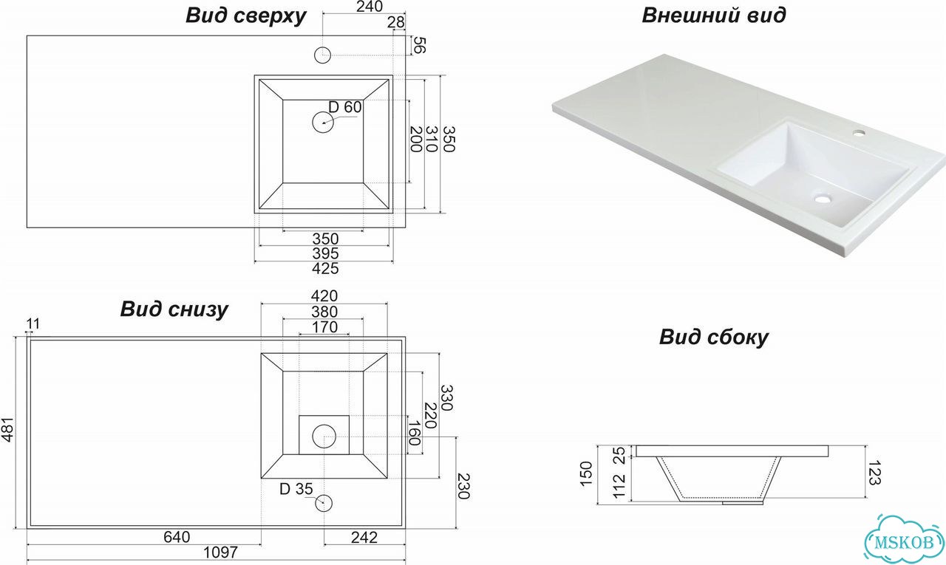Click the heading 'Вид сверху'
coord(246,16)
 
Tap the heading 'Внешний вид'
coord(714,16)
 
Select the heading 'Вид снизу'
coord(174,309)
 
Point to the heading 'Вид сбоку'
coord(714,337)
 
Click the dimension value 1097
coord(220,552)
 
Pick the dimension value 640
coord(177,537)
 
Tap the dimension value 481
coord(8,430)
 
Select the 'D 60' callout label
coord(345,107)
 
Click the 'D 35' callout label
coord(296,489)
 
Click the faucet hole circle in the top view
coord(323,55)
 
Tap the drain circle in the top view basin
coord(323,123)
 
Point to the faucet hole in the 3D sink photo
coord(859,134)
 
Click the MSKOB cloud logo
coord(904,541)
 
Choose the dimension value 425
coord(325,268)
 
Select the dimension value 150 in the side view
coord(587,474)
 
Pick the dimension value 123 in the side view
coord(873,473)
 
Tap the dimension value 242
coord(364,538)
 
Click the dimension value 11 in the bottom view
coord(33,324)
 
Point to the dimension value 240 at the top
coord(370,7)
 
